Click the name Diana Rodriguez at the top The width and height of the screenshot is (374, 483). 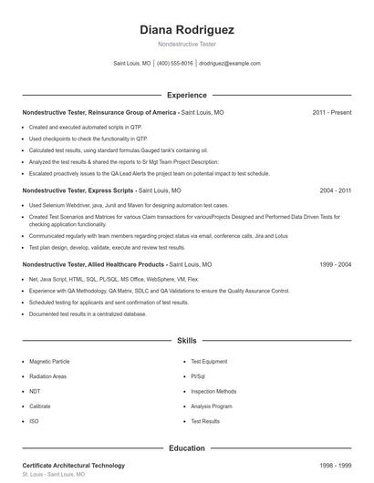(x=187, y=29)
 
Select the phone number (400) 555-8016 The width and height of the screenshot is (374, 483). (x=175, y=64)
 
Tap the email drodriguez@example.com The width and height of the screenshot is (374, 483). (x=230, y=64)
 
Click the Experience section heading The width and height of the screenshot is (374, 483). (x=187, y=95)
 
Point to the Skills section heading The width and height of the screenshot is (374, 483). (x=187, y=341)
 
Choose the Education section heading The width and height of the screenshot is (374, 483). (x=187, y=448)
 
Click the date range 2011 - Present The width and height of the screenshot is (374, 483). (x=331, y=112)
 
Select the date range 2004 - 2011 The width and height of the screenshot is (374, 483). (x=335, y=191)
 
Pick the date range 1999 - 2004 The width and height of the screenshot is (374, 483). (x=335, y=264)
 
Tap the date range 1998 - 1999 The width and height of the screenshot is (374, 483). (x=335, y=466)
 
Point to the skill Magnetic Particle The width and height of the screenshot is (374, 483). (x=50, y=362)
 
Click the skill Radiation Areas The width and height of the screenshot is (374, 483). (x=47, y=376)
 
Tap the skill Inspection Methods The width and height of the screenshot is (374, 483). (x=213, y=391)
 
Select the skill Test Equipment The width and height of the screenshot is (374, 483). (x=209, y=362)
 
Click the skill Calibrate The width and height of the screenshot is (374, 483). (x=40, y=406)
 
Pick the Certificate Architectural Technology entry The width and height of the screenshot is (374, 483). (x=73, y=466)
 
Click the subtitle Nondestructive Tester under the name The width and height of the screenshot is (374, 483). (x=187, y=44)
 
